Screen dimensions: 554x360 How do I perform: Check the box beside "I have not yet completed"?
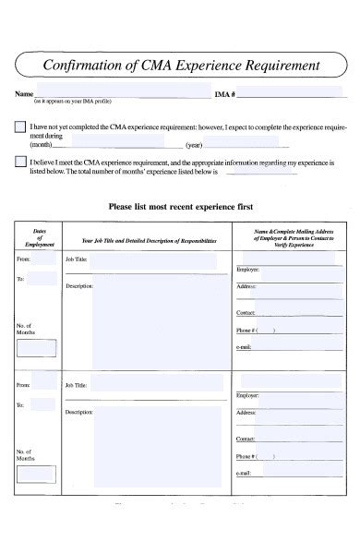tap(20, 126)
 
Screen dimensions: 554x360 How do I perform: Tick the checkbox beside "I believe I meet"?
tap(20, 162)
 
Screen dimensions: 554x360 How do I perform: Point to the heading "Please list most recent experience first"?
tap(181, 207)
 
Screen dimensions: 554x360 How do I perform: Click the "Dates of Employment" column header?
tap(40, 237)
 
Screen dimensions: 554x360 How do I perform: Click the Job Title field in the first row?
tap(157, 262)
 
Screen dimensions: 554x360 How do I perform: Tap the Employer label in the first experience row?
tap(247, 269)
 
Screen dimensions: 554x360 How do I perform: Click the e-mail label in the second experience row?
tap(244, 474)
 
